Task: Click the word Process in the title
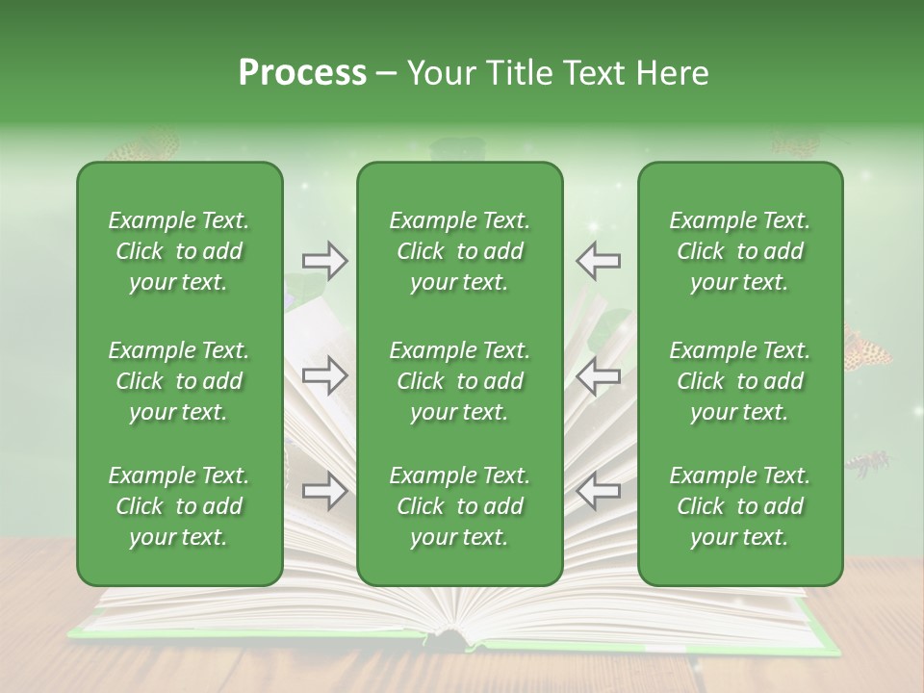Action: click(x=302, y=73)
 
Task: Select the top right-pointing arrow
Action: click(x=324, y=261)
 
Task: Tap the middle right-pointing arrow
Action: click(x=324, y=375)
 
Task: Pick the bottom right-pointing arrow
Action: click(x=324, y=491)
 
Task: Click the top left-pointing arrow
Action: click(x=598, y=261)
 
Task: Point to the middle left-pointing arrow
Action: click(x=598, y=375)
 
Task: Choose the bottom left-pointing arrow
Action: click(x=598, y=491)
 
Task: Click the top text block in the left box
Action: click(x=179, y=251)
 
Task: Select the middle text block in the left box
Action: click(x=179, y=381)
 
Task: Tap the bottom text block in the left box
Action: click(x=179, y=506)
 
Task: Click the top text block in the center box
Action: click(x=459, y=251)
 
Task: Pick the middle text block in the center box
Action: click(x=459, y=381)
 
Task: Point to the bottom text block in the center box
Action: click(x=459, y=506)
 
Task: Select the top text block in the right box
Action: click(x=739, y=251)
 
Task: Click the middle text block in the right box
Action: click(x=739, y=381)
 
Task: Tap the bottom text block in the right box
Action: click(x=739, y=506)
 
